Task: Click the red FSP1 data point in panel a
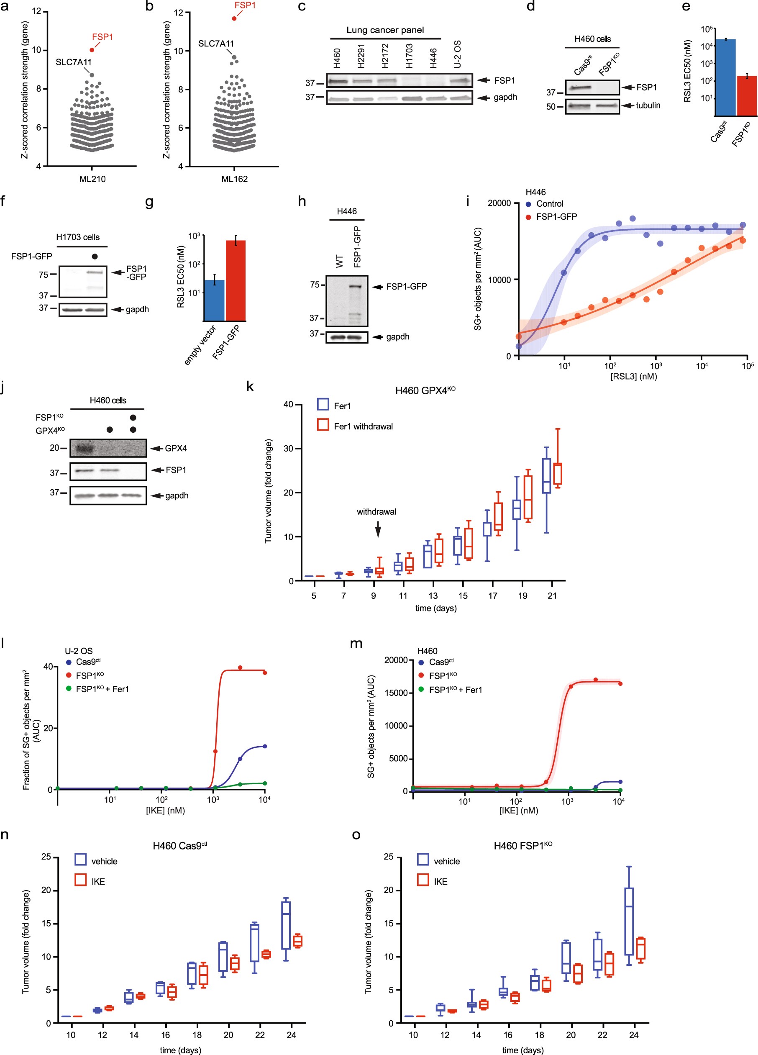pyautogui.click(x=92, y=50)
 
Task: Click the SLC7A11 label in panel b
pyautogui.click(x=216, y=44)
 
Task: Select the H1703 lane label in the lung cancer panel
pyautogui.click(x=409, y=56)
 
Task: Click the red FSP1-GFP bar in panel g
pyautogui.click(x=236, y=280)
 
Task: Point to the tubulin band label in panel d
pyautogui.click(x=648, y=105)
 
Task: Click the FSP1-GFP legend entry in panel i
pyautogui.click(x=556, y=217)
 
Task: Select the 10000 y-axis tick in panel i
pyautogui.click(x=499, y=280)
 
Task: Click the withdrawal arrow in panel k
pyautogui.click(x=378, y=529)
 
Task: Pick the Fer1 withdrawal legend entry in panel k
pyautogui.click(x=363, y=426)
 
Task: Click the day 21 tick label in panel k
pyautogui.click(x=552, y=596)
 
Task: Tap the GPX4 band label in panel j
pyautogui.click(x=176, y=449)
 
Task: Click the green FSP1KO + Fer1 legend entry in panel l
pyautogui.click(x=102, y=689)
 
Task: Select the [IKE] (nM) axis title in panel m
pyautogui.click(x=518, y=810)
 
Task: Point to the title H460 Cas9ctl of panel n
pyautogui.click(x=179, y=845)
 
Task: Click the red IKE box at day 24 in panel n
pyautogui.click(x=297, y=941)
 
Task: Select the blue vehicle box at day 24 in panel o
pyautogui.click(x=629, y=922)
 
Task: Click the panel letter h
pyautogui.click(x=302, y=201)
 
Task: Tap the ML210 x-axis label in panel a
pyautogui.click(x=92, y=179)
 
